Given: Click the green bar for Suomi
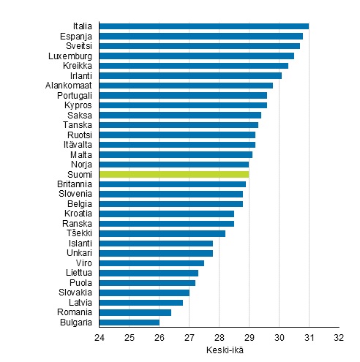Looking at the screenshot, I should pyautogui.click(x=174, y=174).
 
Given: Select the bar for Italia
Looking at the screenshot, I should pyautogui.click(x=203, y=26).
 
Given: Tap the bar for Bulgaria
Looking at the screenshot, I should pyautogui.click(x=129, y=322).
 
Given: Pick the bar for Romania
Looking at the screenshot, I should pyautogui.click(x=135, y=312).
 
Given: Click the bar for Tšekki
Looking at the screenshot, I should pyautogui.click(x=162, y=233).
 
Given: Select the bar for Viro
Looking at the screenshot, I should pyautogui.click(x=151, y=263).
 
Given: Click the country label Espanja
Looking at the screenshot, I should pyautogui.click(x=76, y=36).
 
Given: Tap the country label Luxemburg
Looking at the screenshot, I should pyautogui.click(x=70, y=56).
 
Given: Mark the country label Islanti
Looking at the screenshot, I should pyautogui.click(x=80, y=244).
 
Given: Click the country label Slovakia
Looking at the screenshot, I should pyautogui.click(x=75, y=293).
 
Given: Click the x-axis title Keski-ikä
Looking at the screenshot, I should pyautogui.click(x=219, y=350).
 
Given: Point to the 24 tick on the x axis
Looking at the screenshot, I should pyautogui.click(x=99, y=338).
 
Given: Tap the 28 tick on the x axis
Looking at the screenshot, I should pyautogui.click(x=219, y=338).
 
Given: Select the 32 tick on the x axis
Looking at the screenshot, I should pyautogui.click(x=339, y=338).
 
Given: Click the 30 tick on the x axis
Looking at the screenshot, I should pyautogui.click(x=279, y=338).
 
